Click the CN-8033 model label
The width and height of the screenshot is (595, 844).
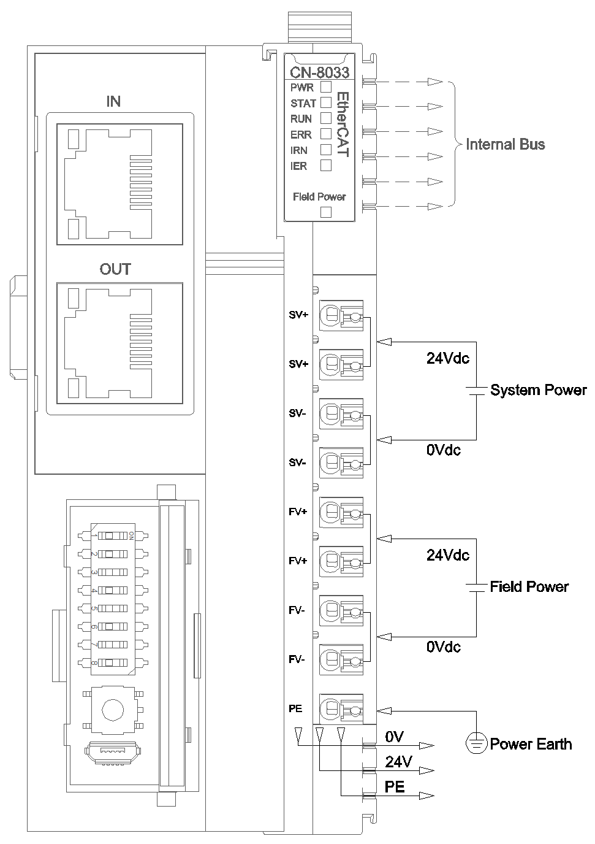tap(319, 72)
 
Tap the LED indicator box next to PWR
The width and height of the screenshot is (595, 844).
tap(326, 87)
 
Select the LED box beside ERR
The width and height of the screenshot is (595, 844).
tap(326, 134)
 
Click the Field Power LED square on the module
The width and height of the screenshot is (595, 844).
tap(326, 212)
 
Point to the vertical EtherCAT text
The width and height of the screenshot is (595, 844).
tap(343, 125)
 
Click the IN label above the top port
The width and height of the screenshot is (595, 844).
tap(113, 101)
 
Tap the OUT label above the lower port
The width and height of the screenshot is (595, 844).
tap(115, 269)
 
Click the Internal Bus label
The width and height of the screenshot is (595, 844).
tap(505, 145)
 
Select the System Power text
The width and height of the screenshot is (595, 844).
tap(538, 390)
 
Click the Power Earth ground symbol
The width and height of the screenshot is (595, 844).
tap(476, 743)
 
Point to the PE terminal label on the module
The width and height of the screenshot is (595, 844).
tap(295, 708)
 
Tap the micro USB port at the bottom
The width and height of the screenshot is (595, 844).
tap(112, 751)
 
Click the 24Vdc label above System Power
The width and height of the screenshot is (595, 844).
tap(447, 358)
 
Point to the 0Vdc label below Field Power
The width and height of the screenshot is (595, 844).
tap(443, 647)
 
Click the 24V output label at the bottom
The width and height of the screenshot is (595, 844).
tap(398, 762)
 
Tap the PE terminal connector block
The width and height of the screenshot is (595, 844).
tap(341, 710)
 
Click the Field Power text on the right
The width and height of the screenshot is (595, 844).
tap(529, 587)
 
